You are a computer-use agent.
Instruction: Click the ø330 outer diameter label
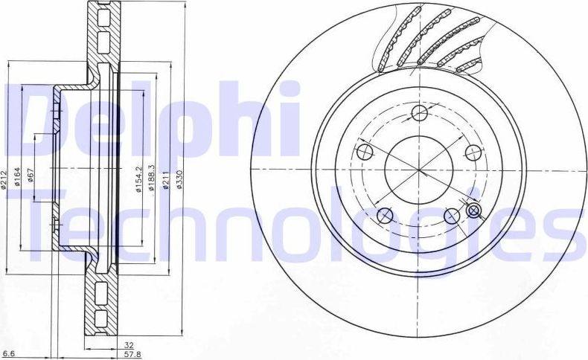179,179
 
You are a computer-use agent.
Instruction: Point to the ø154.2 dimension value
138,179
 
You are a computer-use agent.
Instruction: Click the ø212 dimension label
4,179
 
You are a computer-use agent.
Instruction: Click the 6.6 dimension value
9,353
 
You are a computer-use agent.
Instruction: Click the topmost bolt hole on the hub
420,114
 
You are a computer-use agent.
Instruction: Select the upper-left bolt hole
365,152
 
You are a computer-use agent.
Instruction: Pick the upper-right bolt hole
473,152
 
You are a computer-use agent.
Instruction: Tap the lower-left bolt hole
385,216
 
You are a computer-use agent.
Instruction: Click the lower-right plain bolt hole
451,216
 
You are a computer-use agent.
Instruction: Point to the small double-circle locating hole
473,210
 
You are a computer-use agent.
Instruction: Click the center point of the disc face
418,170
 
